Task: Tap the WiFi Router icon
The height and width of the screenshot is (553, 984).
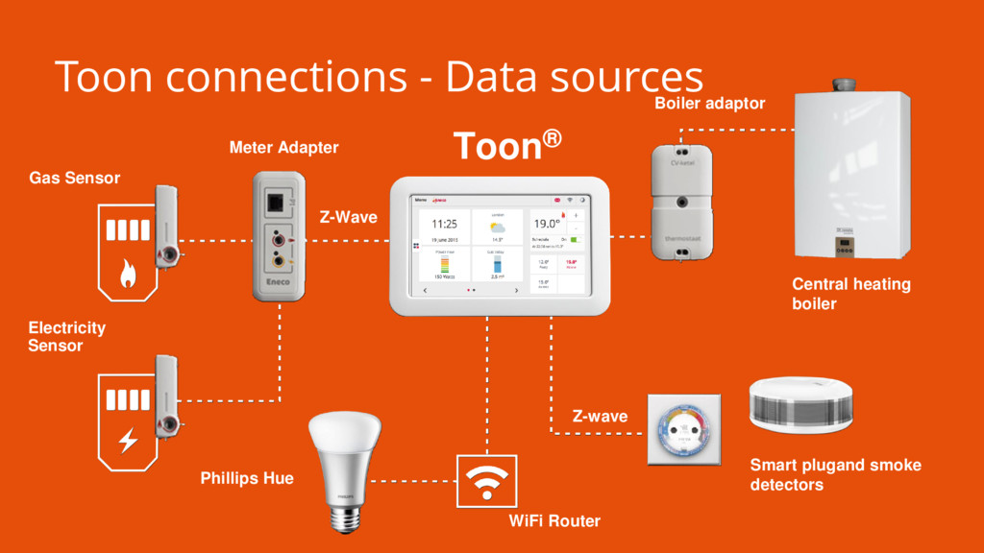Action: click(487, 481)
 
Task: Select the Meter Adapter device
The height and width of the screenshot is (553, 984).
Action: click(279, 234)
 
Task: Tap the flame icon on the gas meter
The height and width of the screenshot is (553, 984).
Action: click(127, 276)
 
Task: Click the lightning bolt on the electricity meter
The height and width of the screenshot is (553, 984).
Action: click(127, 441)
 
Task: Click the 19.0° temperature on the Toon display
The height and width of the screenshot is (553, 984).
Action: click(547, 223)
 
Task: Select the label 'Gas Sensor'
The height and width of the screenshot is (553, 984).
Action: click(75, 178)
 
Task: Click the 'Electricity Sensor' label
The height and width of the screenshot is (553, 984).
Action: click(66, 336)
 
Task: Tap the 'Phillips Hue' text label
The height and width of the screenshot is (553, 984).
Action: click(247, 478)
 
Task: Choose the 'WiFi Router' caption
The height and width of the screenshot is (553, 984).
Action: click(554, 521)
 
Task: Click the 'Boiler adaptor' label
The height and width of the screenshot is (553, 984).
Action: click(709, 103)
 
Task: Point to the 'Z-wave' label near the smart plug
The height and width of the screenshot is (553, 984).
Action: click(600, 417)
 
